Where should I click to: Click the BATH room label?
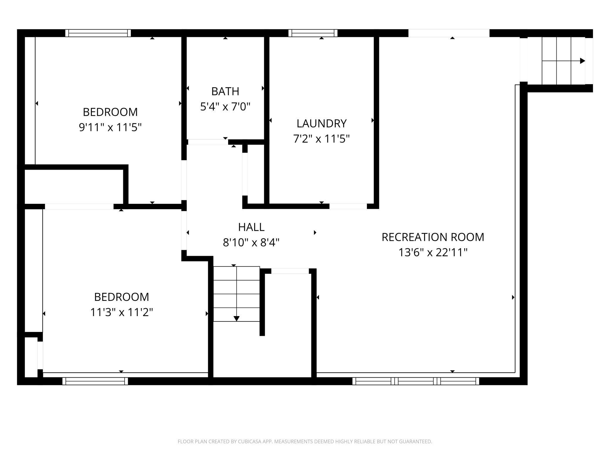(225, 91)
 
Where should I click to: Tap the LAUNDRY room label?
(321, 123)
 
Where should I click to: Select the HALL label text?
(251, 227)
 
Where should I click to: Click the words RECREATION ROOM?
(433, 237)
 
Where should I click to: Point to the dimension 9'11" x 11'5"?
(110, 127)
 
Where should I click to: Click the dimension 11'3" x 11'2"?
(121, 312)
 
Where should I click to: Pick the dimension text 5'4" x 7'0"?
(225, 107)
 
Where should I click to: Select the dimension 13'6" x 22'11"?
(433, 252)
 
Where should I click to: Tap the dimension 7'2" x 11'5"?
(321, 139)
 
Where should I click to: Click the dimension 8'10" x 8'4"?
(251, 243)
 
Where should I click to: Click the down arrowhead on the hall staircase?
(236, 319)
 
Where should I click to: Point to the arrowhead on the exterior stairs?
(582, 61)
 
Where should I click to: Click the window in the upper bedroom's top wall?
(98, 33)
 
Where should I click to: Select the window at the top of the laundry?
(313, 33)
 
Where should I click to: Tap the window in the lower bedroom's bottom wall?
(95, 381)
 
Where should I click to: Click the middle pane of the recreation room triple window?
(416, 381)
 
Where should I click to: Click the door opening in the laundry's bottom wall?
(348, 206)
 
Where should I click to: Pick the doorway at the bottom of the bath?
(208, 142)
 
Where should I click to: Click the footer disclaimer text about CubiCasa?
(305, 441)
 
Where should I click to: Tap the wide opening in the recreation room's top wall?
(449, 33)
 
